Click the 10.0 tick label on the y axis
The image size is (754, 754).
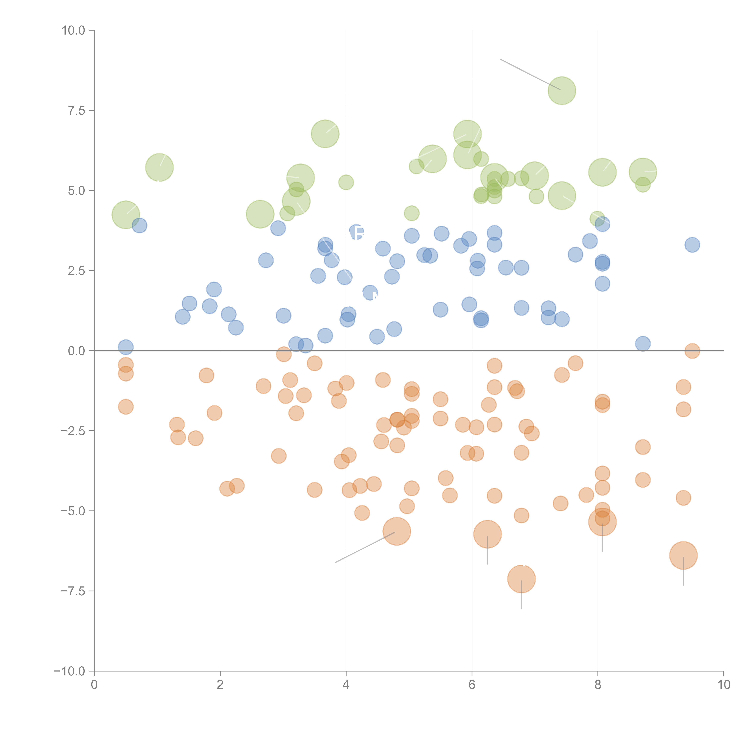pos(73,30)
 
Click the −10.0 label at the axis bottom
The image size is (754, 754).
pos(70,671)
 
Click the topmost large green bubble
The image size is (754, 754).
pos(562,90)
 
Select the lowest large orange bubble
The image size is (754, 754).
pos(521,579)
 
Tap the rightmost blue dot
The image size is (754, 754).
pos(692,245)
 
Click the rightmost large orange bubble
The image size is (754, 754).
pos(683,555)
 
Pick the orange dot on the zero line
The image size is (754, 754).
pos(692,351)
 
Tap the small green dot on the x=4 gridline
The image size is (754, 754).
pos(346,182)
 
